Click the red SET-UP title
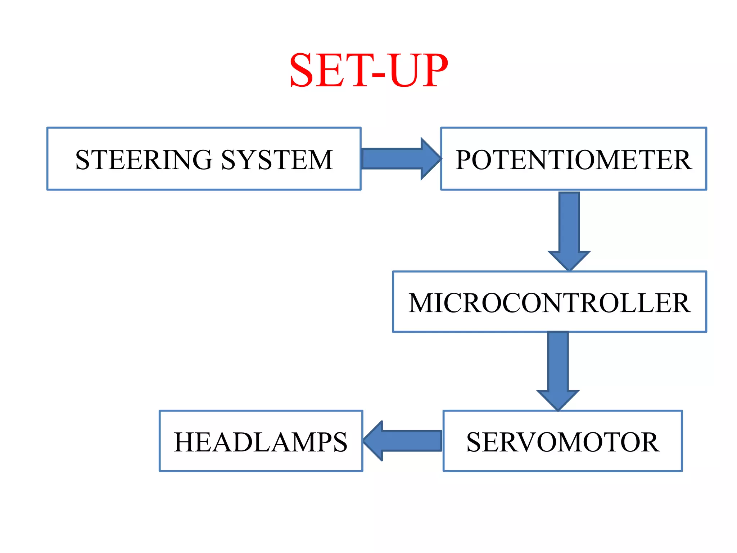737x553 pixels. [368, 70]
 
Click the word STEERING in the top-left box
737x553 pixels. [144, 160]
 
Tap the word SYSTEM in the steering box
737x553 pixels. [277, 160]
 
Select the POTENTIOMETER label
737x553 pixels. [574, 160]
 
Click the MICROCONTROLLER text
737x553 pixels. [550, 303]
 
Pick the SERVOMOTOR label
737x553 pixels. [563, 442]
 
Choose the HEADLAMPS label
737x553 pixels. [261, 442]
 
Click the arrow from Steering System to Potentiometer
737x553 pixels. [396, 158]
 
